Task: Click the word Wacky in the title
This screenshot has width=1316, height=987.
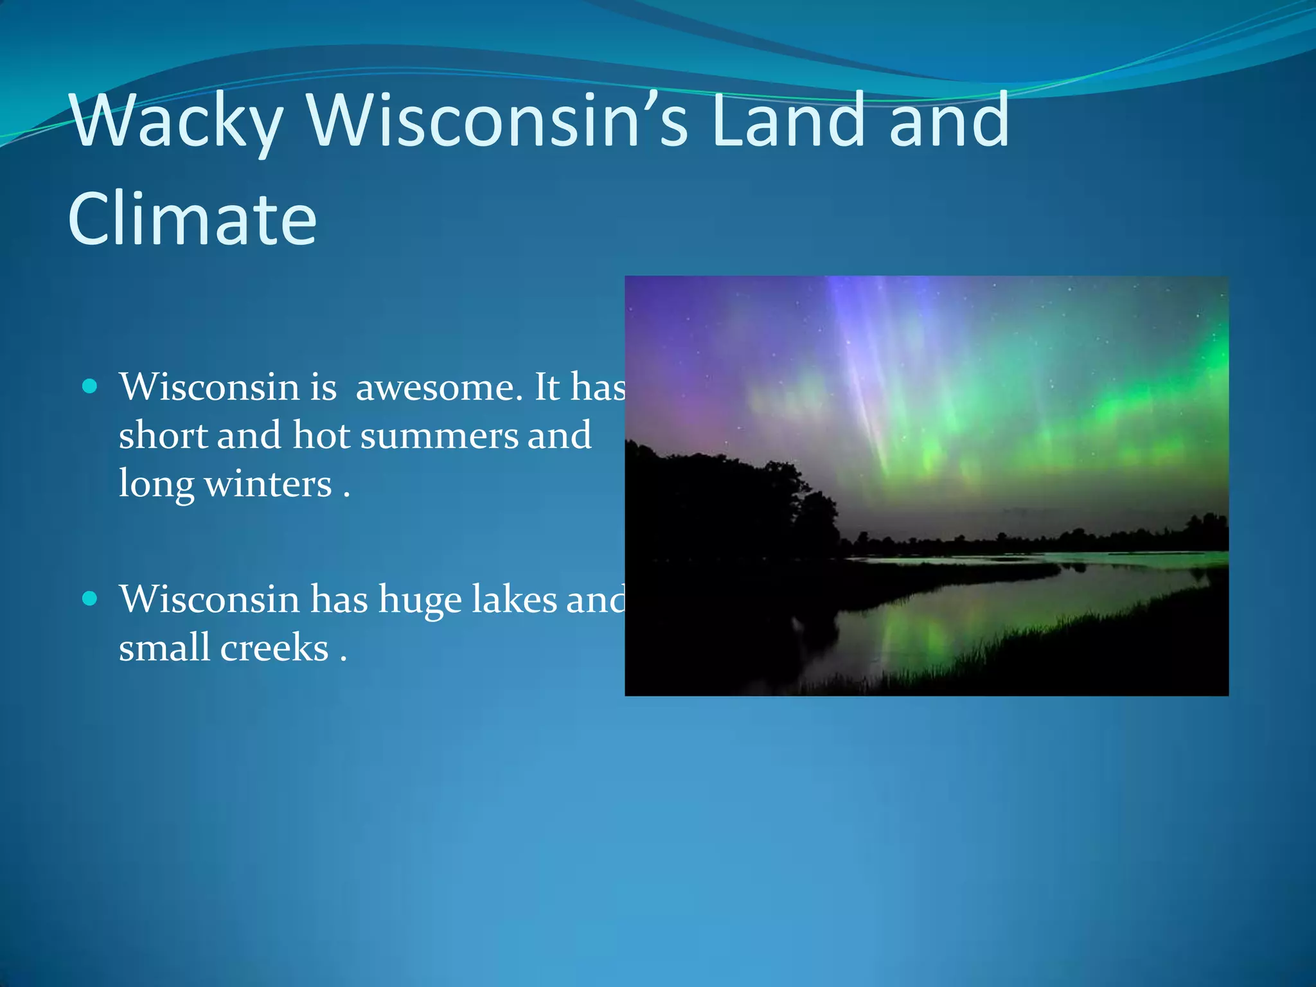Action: click(x=177, y=122)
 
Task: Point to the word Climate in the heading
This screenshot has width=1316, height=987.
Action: click(x=192, y=219)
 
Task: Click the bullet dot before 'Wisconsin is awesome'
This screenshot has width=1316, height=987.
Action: click(x=91, y=386)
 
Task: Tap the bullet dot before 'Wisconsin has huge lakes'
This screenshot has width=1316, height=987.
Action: click(x=91, y=599)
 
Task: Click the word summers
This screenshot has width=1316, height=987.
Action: click(x=439, y=436)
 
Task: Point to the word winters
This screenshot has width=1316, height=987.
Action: click(x=268, y=484)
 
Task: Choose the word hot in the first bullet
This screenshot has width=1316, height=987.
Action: click(x=321, y=436)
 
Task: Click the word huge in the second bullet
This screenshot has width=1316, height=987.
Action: click(x=419, y=600)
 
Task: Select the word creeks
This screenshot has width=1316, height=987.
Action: click(x=274, y=648)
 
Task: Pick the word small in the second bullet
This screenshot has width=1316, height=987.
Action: click(x=164, y=648)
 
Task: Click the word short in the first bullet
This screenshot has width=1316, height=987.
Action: click(x=163, y=436)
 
